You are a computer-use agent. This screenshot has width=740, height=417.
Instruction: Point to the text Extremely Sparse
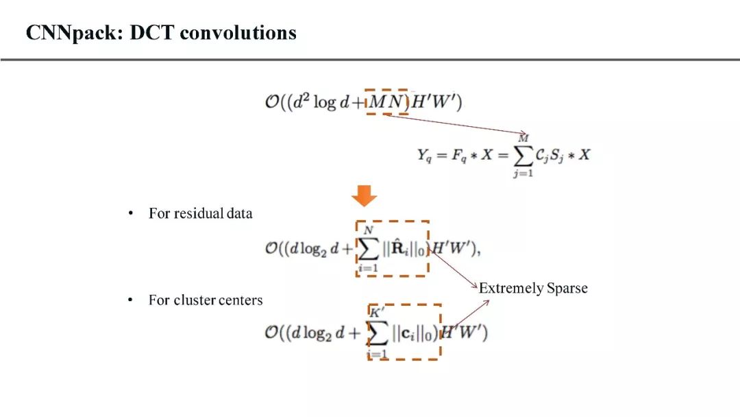[x=533, y=288]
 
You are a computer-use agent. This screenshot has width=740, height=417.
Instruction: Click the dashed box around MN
[x=387, y=102]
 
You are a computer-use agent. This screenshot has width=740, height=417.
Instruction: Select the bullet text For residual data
[x=200, y=213]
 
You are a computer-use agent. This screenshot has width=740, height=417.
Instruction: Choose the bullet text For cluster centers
[x=206, y=300]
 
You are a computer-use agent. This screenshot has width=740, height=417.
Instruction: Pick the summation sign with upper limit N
[x=368, y=249]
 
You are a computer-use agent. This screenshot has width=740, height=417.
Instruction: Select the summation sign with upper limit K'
[x=378, y=333]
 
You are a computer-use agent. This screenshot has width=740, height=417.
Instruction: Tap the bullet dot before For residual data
[x=130, y=213]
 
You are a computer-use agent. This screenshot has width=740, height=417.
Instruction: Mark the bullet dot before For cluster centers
[x=130, y=300]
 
